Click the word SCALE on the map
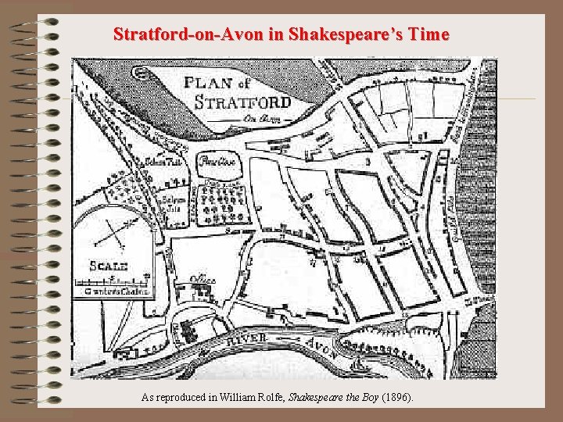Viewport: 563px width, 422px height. [x=108, y=266]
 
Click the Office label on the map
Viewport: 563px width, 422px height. [x=203, y=280]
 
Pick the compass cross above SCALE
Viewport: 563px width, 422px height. [x=114, y=231]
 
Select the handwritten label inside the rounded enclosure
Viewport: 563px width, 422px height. [x=212, y=163]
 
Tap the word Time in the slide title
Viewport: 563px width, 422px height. [x=429, y=34]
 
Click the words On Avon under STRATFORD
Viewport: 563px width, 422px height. [x=256, y=118]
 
